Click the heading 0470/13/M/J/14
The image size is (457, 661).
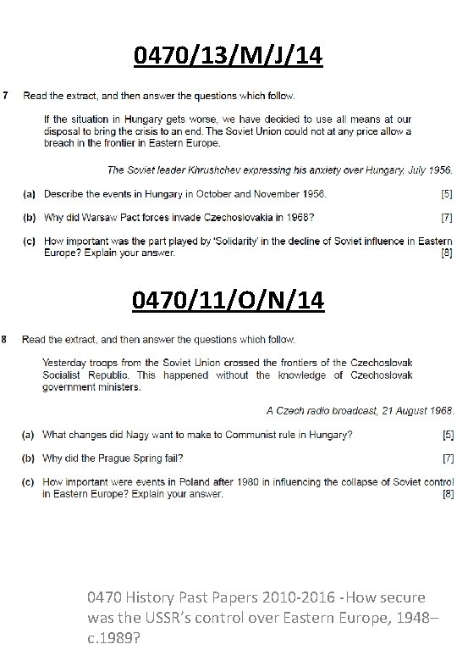coord(228,57)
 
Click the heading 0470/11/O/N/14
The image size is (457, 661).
coord(228,302)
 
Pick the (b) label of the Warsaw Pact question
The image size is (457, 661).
coord(29,218)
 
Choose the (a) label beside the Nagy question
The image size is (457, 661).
coord(29,435)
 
